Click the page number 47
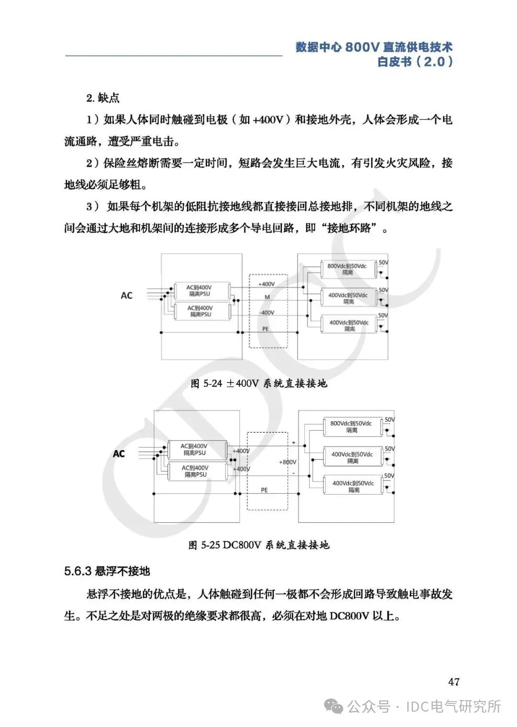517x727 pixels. [454, 681]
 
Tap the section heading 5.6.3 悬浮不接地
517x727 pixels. [107, 571]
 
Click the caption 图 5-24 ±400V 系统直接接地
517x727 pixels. [258, 383]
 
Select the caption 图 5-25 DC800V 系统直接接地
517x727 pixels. [259, 545]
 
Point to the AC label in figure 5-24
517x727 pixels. [126, 296]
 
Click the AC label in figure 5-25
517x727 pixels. [119, 453]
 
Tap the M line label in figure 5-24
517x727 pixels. [267, 297]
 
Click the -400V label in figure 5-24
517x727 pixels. [267, 312]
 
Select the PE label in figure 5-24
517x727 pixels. [266, 329]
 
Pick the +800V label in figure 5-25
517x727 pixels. [287, 462]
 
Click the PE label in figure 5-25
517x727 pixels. [264, 490]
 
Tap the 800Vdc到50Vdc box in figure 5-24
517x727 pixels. [347, 269]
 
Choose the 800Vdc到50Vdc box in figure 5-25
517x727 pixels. [351, 427]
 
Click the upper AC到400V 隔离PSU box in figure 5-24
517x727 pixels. [200, 290]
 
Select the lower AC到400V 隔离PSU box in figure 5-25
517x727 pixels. [195, 471]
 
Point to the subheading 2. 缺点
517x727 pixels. [103, 98]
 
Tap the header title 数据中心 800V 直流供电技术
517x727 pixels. [374, 47]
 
